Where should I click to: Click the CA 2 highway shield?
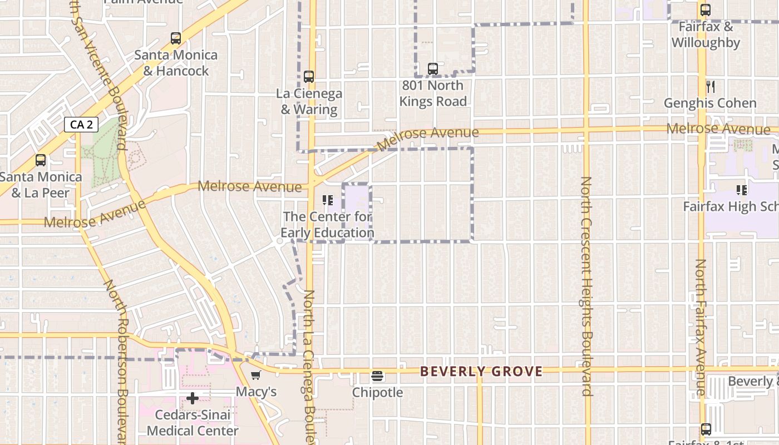point(81,125)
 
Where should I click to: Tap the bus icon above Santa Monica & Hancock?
point(176,38)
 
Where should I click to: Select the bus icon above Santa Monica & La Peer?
point(41,160)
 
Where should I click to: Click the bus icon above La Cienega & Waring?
point(309,77)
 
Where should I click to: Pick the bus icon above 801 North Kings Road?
point(433,69)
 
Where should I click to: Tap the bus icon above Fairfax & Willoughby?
point(706,9)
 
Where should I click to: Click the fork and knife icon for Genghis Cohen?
point(710,86)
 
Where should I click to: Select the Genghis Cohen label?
point(710,103)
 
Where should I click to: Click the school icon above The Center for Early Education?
point(327,200)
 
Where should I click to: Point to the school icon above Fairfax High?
point(742,190)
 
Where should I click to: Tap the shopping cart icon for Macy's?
point(256,375)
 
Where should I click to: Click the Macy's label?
point(256,392)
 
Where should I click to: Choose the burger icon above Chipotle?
point(377,376)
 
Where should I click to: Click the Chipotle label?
point(377,392)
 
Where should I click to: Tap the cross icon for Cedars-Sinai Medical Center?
point(193,398)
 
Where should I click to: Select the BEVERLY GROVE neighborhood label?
point(481,371)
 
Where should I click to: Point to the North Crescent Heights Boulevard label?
point(586,286)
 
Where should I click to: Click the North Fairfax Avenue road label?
point(701,328)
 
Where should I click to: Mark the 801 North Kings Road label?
point(432,93)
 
